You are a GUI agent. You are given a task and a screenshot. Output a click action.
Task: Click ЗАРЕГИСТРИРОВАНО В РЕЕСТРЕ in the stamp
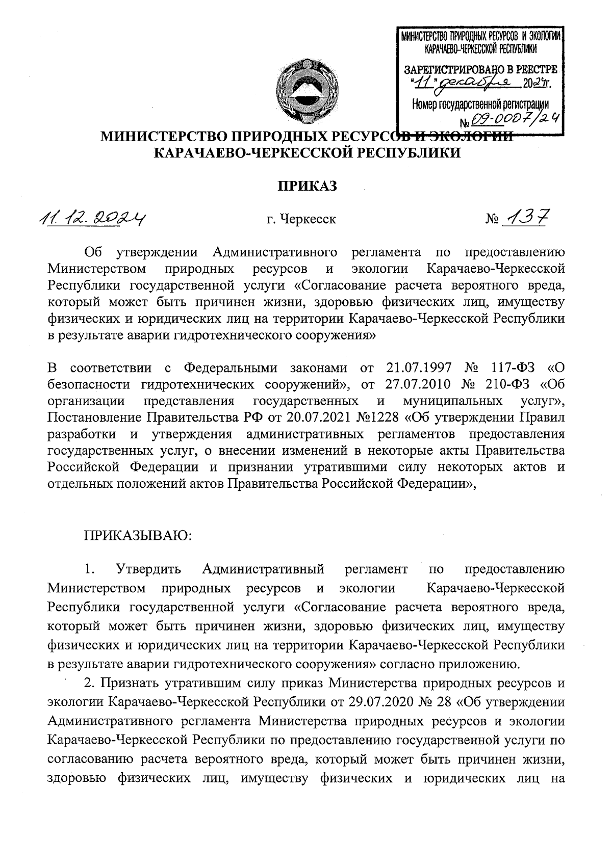pos(480,69)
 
